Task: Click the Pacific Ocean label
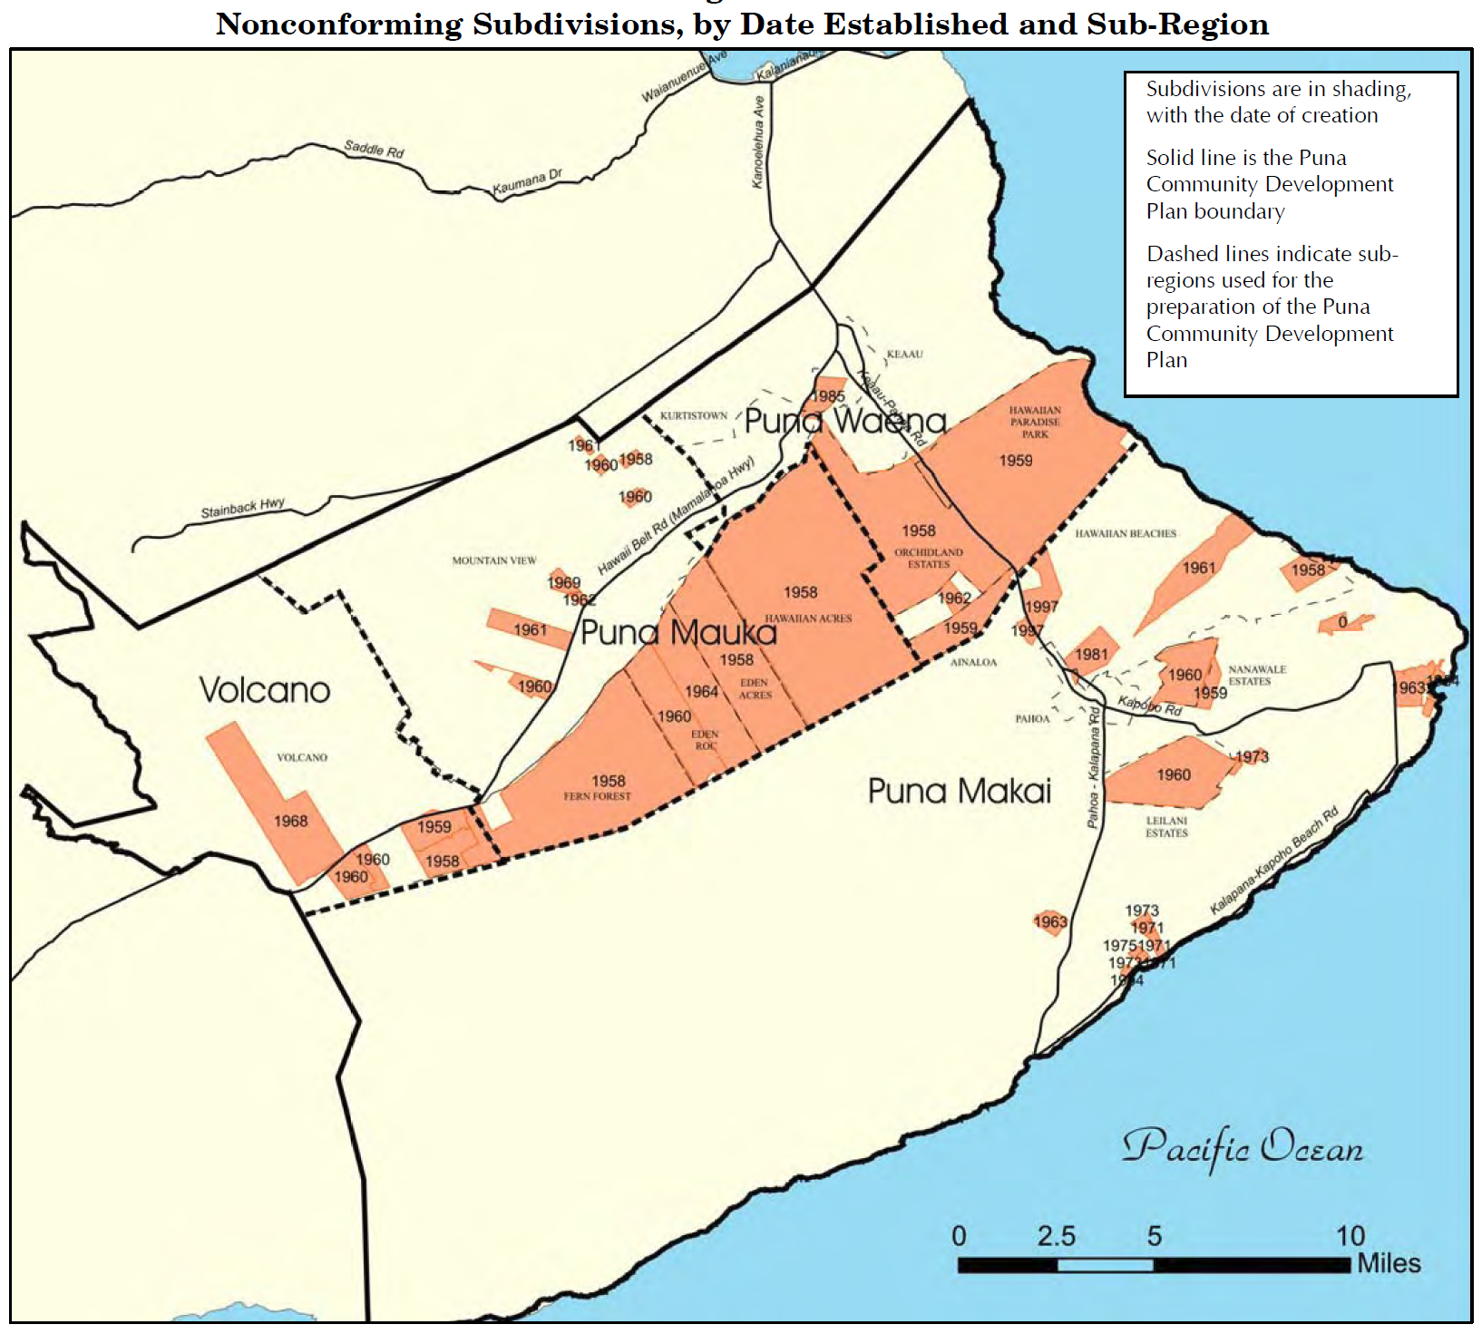[1243, 1147]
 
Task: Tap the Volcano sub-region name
[264, 691]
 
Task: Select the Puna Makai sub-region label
[959, 792]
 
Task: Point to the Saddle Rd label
[374, 149]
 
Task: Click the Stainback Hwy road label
[242, 508]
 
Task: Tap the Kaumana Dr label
[527, 181]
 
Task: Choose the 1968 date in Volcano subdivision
[290, 822]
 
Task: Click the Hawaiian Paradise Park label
[1035, 423]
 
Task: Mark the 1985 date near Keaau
[827, 396]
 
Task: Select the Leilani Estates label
[1166, 827]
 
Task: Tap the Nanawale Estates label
[1256, 676]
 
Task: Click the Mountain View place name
[494, 560]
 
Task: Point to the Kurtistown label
[694, 415]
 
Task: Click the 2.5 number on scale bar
[1056, 1237]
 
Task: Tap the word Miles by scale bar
[1389, 1264]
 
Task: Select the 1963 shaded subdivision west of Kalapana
[1049, 922]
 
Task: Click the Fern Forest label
[597, 796]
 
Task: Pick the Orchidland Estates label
[928, 558]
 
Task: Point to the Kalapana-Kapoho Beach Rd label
[1273, 862]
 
